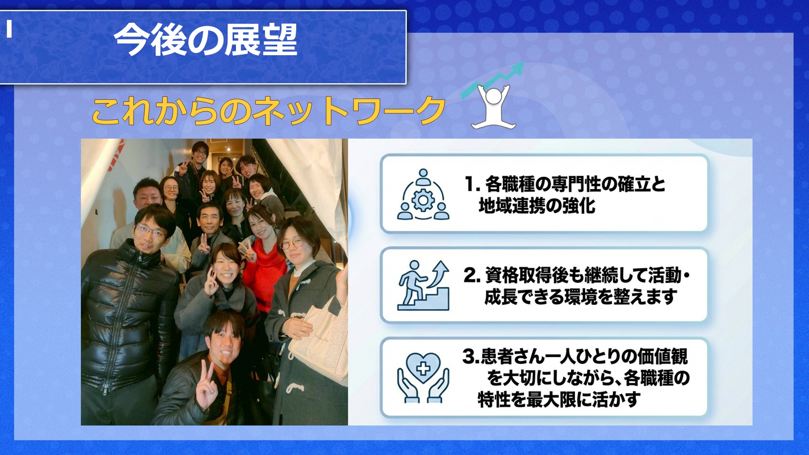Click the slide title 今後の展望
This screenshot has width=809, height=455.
pyautogui.click(x=206, y=40)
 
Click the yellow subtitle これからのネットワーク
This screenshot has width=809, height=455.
pyautogui.click(x=269, y=111)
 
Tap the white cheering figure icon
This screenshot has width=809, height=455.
pyautogui.click(x=493, y=107)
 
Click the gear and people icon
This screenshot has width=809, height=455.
pyautogui.click(x=423, y=194)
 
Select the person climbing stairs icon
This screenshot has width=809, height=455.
pyautogui.click(x=423, y=285)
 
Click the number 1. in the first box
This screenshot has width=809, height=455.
pyautogui.click(x=473, y=184)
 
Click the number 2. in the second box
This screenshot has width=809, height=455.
pyautogui.click(x=472, y=276)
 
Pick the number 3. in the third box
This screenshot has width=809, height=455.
pyautogui.click(x=471, y=356)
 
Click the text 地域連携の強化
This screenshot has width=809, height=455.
pyautogui.click(x=537, y=206)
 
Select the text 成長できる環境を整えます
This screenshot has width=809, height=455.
pyautogui.click(x=581, y=297)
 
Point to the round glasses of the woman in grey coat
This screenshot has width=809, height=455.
pyautogui.click(x=292, y=243)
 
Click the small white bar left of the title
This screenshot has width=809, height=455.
pyautogui.click(x=9, y=29)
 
